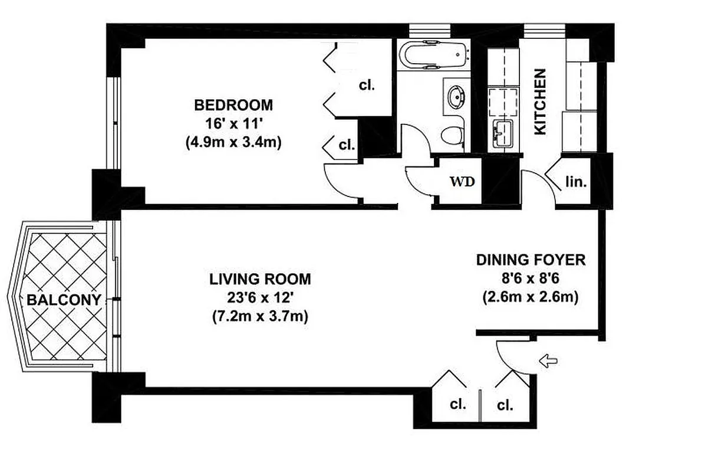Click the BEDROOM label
(x=233, y=105)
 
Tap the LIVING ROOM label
(x=260, y=278)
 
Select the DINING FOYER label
(x=531, y=260)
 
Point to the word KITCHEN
(x=540, y=101)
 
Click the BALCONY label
(x=64, y=300)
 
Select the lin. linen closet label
(x=576, y=182)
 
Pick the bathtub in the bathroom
(x=432, y=55)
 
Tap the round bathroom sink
(x=456, y=96)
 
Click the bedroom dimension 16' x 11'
(x=233, y=124)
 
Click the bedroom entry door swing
(x=342, y=183)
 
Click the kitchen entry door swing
(x=538, y=184)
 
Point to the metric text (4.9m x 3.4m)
(x=233, y=143)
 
